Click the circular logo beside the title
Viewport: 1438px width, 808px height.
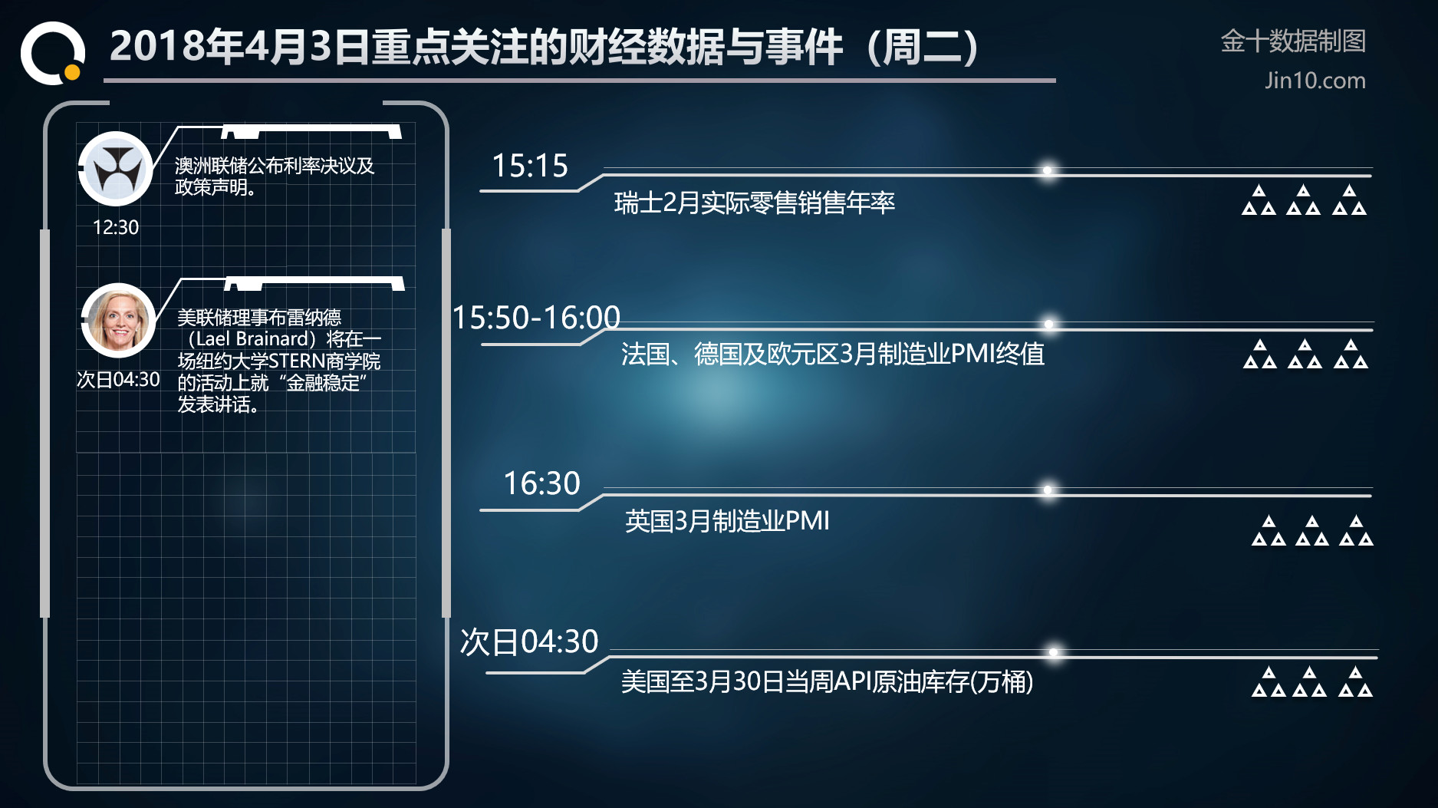coord(52,52)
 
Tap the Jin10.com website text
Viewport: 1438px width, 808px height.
coord(1315,81)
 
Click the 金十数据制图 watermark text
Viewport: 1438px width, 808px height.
coord(1293,41)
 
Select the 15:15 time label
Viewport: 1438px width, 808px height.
coord(530,166)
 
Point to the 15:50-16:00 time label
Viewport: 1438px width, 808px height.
coord(536,318)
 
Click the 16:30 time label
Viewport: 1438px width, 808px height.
coord(541,483)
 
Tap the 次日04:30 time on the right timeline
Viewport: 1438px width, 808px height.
coord(529,641)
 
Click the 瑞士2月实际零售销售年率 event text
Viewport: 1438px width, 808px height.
coord(755,203)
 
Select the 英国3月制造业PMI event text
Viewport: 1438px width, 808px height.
coord(727,521)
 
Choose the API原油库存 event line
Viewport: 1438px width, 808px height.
coord(827,681)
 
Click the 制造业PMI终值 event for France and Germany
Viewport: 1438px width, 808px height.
coord(833,354)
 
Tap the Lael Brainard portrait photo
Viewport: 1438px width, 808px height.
coord(118,321)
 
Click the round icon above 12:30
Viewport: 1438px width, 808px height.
coord(116,169)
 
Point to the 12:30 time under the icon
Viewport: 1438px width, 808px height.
coord(116,227)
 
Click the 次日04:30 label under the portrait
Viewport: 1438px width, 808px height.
coord(118,379)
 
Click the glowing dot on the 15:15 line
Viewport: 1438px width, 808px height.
coord(1047,170)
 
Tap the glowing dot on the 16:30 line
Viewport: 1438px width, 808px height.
coord(1048,490)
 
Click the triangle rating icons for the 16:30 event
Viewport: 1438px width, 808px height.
coord(1312,530)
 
